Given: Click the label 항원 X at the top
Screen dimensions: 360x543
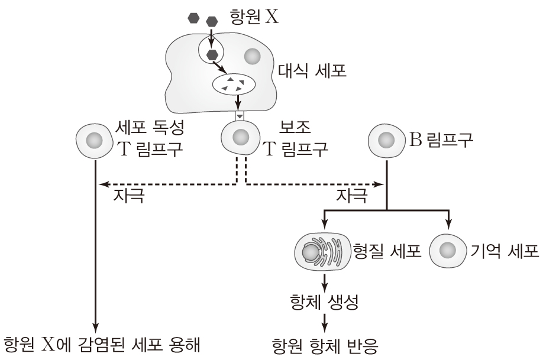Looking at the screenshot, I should click(254, 17).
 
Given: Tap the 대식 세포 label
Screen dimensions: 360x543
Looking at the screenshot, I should click(312, 73).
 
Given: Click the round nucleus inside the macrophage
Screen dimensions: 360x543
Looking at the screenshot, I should click(253, 57).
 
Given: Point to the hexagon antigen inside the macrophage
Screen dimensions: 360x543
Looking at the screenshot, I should click(212, 55).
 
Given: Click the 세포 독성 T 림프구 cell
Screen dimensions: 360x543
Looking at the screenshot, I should click(94, 141).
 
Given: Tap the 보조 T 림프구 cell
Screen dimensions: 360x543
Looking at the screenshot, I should click(240, 138).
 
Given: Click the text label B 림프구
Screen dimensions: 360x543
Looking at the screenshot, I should click(440, 140).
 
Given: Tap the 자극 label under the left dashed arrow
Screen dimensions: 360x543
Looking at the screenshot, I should click(128, 194).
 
